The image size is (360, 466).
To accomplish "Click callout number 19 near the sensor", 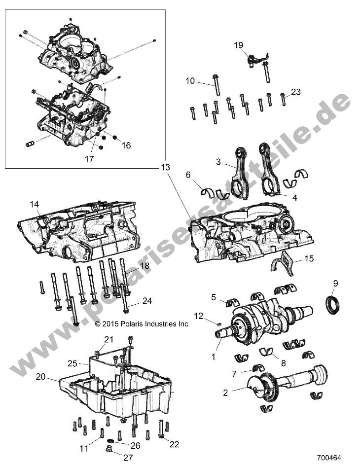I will click(238, 45).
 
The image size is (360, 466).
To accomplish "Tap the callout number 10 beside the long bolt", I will click(190, 81).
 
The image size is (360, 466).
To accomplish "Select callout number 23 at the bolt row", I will click(296, 92).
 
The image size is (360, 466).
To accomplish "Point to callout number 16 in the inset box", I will click(126, 145).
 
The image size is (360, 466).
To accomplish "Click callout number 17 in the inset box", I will click(89, 159).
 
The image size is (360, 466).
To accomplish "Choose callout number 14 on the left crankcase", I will click(34, 204).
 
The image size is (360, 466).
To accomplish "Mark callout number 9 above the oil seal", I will click(335, 283).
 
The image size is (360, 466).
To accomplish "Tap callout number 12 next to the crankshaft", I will click(198, 316).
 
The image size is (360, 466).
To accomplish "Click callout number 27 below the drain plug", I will click(128, 458).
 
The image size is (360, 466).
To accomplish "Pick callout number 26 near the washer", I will click(135, 445).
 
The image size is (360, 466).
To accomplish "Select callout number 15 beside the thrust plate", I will click(308, 258).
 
